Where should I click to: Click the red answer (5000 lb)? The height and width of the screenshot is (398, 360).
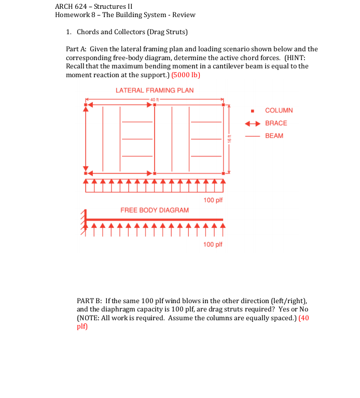186,75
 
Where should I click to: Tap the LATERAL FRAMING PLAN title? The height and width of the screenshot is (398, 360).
155,90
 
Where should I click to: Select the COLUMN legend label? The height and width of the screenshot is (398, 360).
279,110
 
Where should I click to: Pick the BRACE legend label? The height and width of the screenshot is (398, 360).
275,123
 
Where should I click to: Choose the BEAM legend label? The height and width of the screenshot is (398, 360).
274,136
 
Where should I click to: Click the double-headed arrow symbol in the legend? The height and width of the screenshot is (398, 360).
252,123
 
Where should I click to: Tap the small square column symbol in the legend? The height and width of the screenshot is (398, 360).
252,111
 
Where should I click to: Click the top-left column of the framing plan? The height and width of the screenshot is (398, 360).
86,105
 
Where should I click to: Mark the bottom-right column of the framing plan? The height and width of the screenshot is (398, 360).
223,173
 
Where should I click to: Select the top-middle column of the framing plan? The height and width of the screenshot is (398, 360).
155,105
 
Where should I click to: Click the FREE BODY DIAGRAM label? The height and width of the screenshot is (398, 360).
155,210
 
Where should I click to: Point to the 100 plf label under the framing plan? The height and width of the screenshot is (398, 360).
213,200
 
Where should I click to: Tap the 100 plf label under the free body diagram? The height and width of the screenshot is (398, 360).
213,244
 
